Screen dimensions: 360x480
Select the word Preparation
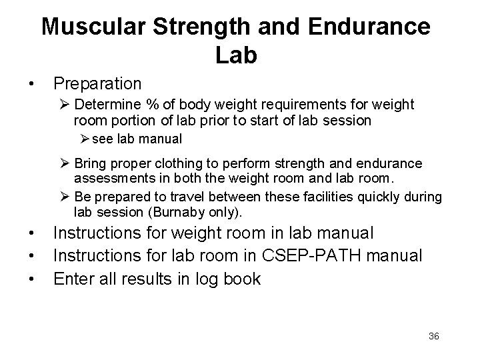click(97, 84)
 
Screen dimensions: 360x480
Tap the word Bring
click(89, 163)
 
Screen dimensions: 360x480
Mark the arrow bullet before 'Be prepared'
click(65, 197)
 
